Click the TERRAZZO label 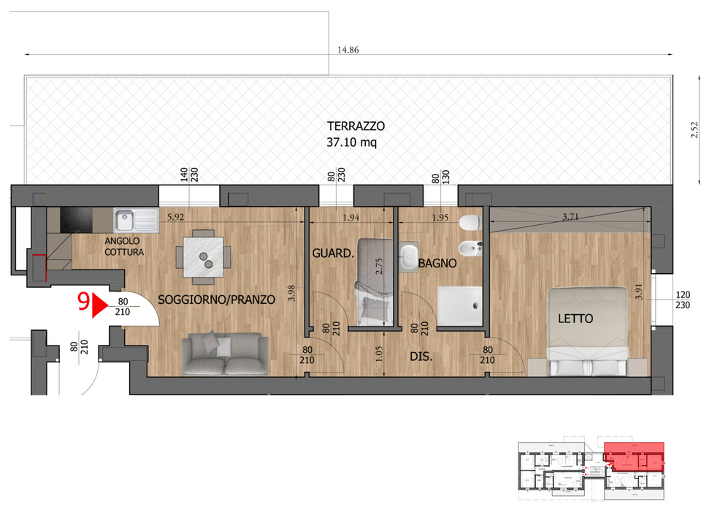click(x=356, y=126)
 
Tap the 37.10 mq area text click(x=351, y=142)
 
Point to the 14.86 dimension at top click(x=348, y=50)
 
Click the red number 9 click(x=83, y=302)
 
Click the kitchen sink click(x=137, y=220)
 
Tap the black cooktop click(x=76, y=220)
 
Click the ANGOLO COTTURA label click(x=124, y=246)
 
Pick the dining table click(x=204, y=257)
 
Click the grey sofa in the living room click(x=225, y=354)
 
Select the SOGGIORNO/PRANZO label click(x=216, y=300)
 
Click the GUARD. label click(x=333, y=254)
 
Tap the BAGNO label click(x=437, y=264)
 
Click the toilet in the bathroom click(x=470, y=222)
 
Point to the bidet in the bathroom click(x=470, y=248)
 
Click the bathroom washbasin click(x=408, y=256)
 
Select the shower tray click(x=460, y=305)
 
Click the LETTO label click(x=575, y=319)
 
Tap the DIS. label click(x=421, y=357)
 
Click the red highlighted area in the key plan click(x=634, y=456)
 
